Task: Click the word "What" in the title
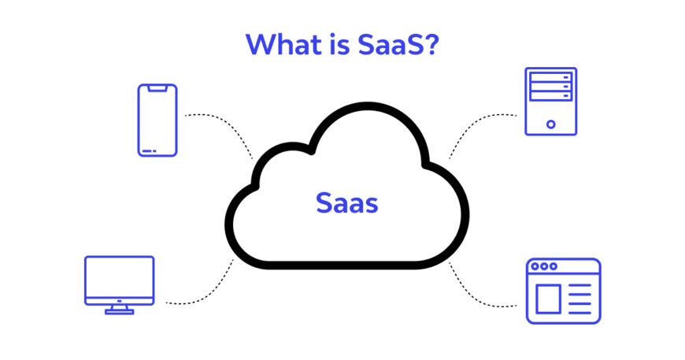[x=283, y=44]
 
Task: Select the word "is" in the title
[x=340, y=44]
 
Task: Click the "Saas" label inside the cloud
[x=347, y=203]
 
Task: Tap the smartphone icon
[x=157, y=121]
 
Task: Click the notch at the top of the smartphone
[x=157, y=88]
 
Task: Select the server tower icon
[x=551, y=102]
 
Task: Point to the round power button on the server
[x=551, y=124]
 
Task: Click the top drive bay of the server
[x=551, y=77]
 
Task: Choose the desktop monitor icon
[x=119, y=285]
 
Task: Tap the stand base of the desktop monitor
[x=119, y=312]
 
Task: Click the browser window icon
[x=564, y=291]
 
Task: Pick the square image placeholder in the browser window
[x=548, y=299]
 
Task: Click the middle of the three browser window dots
[x=544, y=266]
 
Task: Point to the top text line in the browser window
[x=579, y=286]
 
